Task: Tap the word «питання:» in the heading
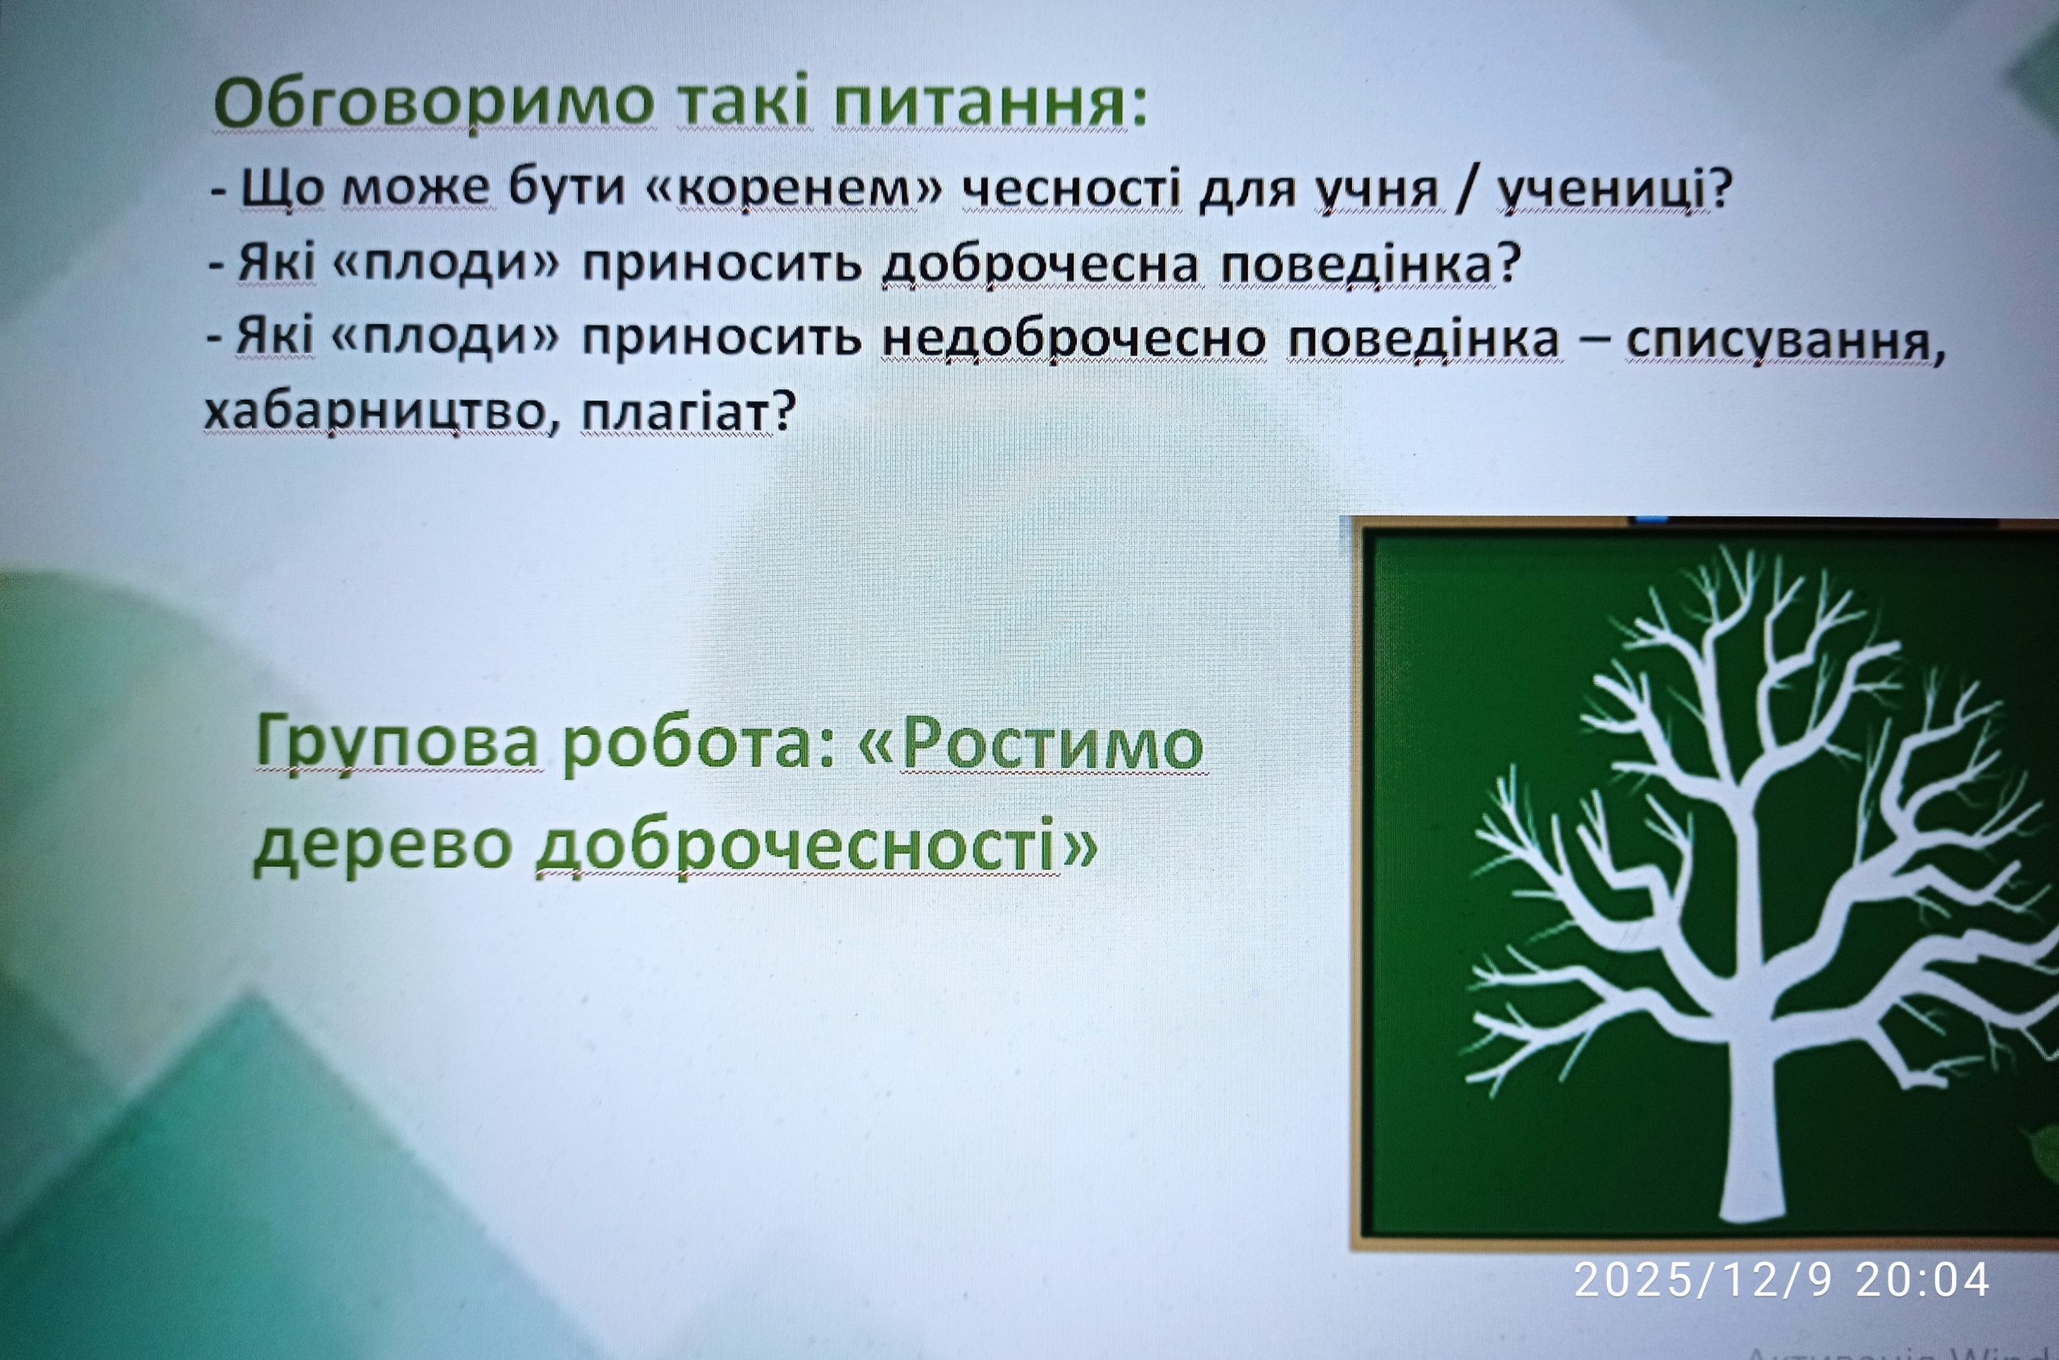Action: tap(989, 102)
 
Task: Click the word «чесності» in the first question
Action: tap(1073, 188)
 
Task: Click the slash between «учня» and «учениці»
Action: tap(1466, 189)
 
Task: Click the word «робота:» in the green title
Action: tap(699, 745)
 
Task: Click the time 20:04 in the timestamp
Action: tap(1922, 1280)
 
